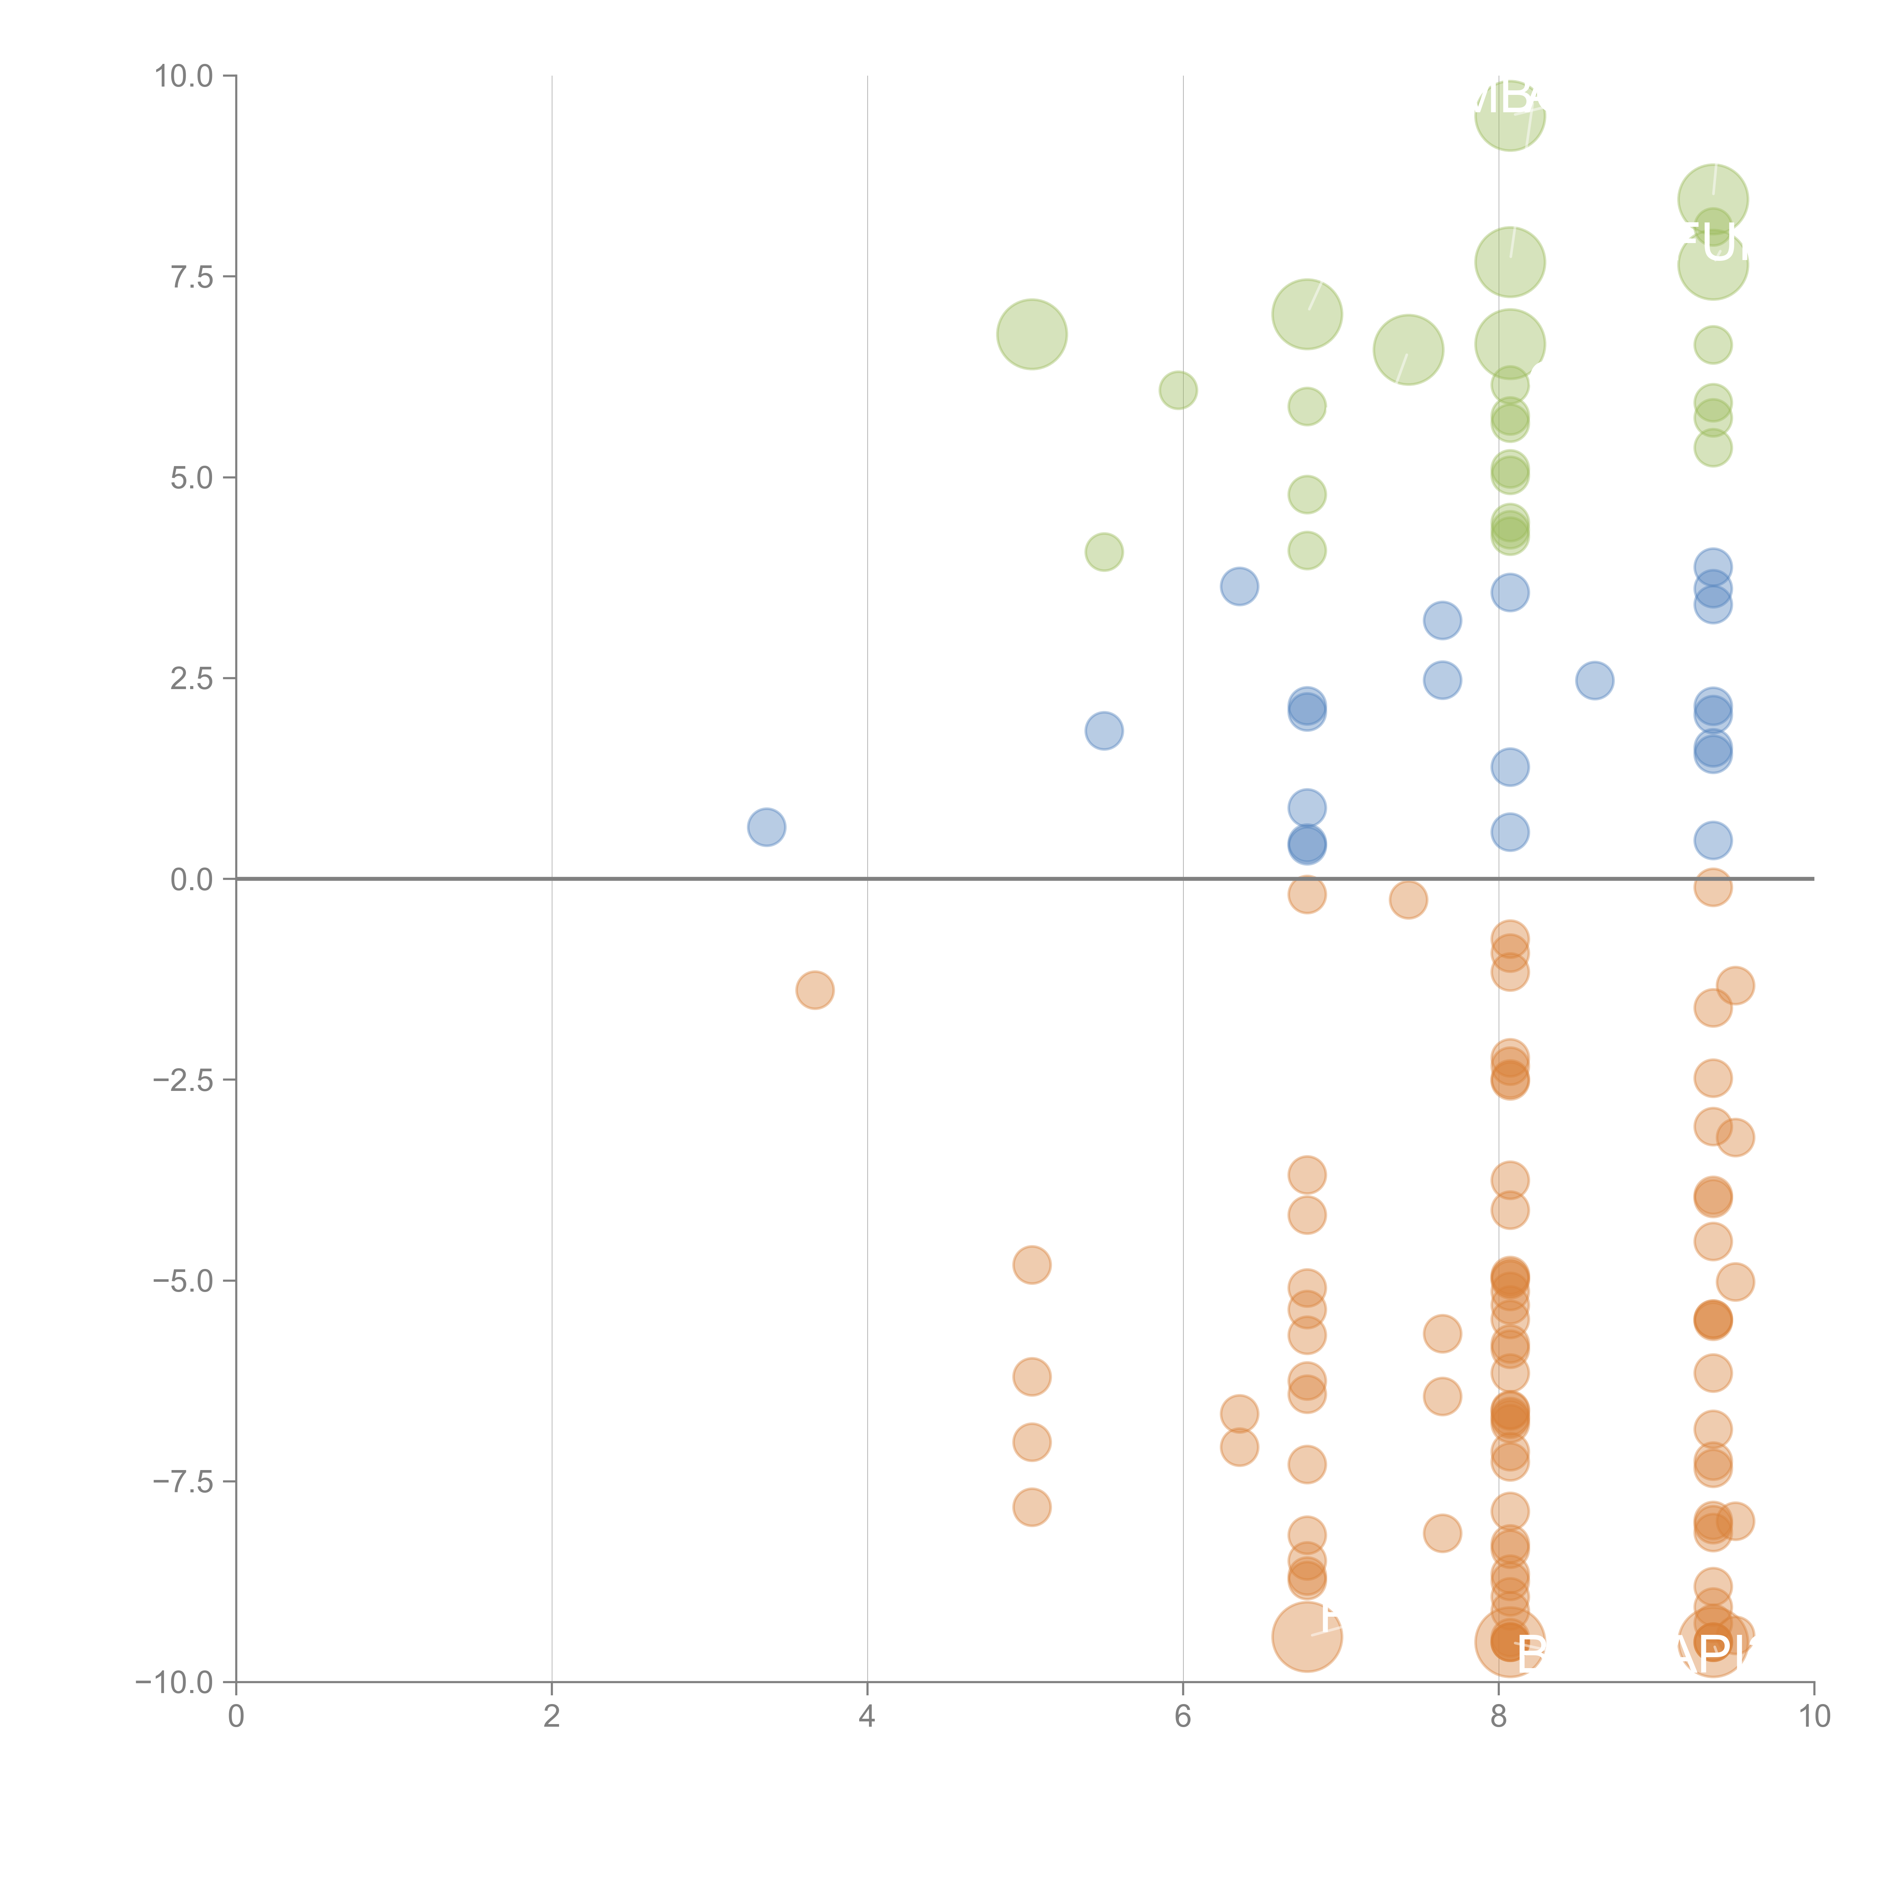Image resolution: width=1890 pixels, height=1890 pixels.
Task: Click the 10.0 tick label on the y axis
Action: tap(184, 76)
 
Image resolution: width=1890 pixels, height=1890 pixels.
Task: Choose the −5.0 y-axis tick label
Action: tap(184, 1281)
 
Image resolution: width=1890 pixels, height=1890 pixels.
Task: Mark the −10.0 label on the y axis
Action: tap(176, 1682)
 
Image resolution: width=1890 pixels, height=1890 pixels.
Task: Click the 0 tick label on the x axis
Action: tap(236, 1717)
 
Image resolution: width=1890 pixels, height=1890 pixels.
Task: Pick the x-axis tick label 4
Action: tap(867, 1717)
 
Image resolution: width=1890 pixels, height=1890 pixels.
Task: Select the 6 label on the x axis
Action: tap(1183, 1717)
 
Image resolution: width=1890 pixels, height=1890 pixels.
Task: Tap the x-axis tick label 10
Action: tap(1814, 1717)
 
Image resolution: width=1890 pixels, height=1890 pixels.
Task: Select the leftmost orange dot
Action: tap(814, 990)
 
